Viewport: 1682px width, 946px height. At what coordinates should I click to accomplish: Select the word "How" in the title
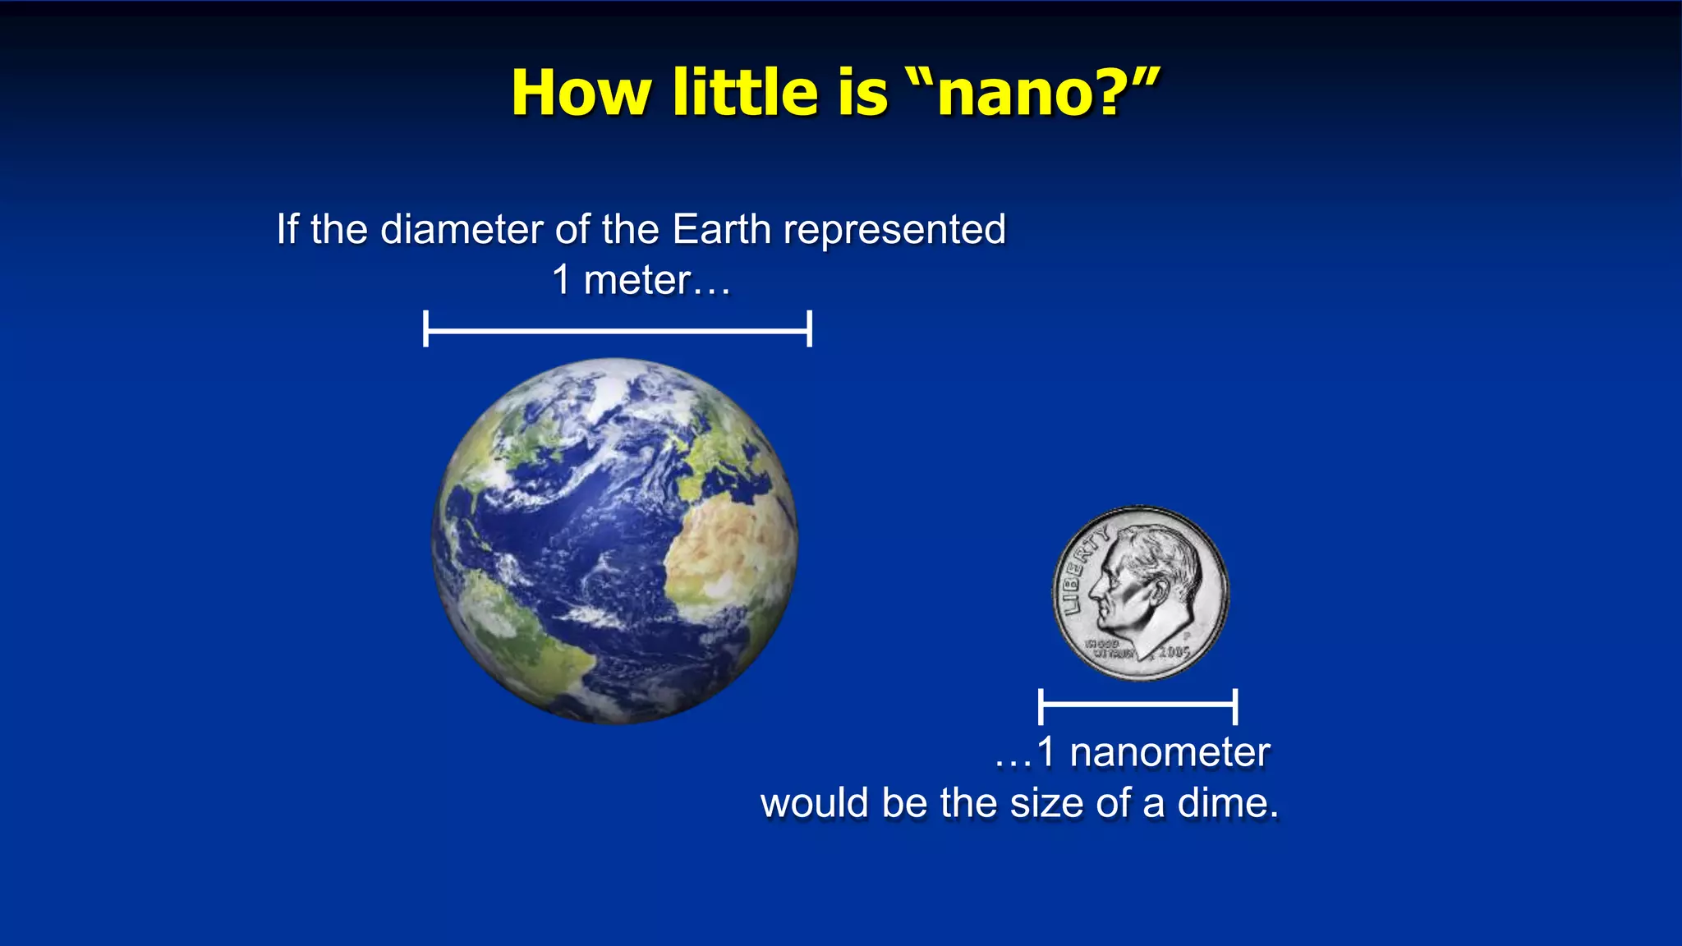(x=581, y=93)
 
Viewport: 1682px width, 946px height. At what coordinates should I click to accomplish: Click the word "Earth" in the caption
(x=721, y=229)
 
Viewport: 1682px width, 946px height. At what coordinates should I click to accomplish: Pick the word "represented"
(x=894, y=231)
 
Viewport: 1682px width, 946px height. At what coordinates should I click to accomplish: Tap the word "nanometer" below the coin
(x=1170, y=752)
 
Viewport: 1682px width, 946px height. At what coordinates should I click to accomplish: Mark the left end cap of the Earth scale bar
(x=425, y=329)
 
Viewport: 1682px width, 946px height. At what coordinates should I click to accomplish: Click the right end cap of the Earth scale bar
(x=810, y=329)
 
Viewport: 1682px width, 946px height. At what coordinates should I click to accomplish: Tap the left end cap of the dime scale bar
(x=1041, y=706)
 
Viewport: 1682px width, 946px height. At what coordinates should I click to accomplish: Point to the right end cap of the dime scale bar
(x=1235, y=706)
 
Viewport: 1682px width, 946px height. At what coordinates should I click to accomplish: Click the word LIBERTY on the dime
(x=1082, y=568)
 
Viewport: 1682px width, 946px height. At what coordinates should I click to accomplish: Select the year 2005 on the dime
(x=1174, y=652)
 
